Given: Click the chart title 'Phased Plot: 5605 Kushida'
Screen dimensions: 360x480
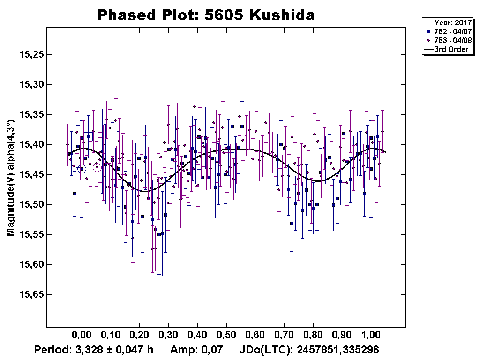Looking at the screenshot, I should (x=206, y=15).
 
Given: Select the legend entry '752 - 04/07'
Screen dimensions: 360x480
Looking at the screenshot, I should (x=449, y=31).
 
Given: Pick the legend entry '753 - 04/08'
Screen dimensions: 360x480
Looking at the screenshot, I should (x=449, y=40).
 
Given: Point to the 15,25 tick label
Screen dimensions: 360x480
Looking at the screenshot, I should (x=31, y=54).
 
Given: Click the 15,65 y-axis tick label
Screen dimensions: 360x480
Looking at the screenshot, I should (x=31, y=295).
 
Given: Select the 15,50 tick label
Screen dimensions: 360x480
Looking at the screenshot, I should (x=31, y=205).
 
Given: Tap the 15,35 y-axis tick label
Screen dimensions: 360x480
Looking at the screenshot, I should (x=31, y=115).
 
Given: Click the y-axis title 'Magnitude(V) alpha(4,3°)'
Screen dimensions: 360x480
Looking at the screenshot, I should (x=10, y=178).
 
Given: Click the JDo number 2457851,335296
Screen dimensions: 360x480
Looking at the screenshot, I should (x=338, y=350).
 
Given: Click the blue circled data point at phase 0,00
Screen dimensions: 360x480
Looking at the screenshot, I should (x=82, y=169).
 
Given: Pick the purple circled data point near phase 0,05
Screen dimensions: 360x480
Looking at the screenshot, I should (x=97, y=167).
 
